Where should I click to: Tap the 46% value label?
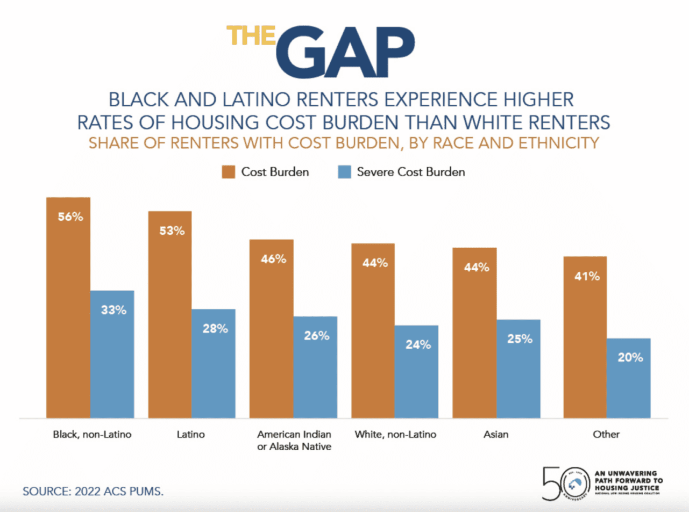[273, 259]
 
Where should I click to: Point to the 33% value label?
[113, 310]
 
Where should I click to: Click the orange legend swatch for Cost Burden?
[229, 172]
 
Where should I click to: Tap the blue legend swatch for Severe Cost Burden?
[344, 172]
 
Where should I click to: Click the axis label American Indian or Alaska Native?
[294, 441]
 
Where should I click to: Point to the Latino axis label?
[190, 435]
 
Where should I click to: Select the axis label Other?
[606, 435]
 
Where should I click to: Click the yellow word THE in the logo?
[251, 36]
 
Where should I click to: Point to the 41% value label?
[587, 276]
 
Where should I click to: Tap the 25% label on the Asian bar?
[520, 339]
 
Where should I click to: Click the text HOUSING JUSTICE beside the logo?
[627, 488]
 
